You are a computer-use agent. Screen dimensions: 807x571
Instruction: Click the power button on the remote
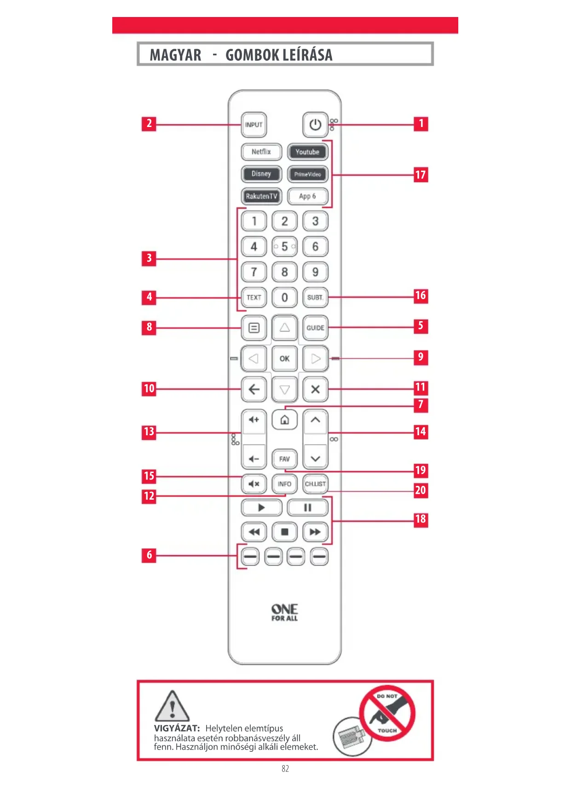tap(315, 124)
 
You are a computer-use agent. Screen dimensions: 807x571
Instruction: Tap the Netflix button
tap(261, 152)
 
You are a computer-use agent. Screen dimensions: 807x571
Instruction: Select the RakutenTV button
tap(261, 196)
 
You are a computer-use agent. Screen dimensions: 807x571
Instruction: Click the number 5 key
tap(284, 247)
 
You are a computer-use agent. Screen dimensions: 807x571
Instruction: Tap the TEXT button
tap(254, 297)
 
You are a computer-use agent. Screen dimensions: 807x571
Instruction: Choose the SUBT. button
tap(315, 297)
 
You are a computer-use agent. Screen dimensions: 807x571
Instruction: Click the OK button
tap(284, 358)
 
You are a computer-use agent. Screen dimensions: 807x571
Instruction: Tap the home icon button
tap(284, 420)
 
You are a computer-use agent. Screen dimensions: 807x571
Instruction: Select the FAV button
tap(284, 459)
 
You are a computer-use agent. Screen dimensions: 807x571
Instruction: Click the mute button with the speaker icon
tap(254, 484)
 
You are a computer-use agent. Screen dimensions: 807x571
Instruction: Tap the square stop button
tap(284, 532)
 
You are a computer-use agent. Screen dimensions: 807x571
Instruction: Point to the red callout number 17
tap(421, 175)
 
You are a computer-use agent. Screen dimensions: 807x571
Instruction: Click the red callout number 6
tap(149, 555)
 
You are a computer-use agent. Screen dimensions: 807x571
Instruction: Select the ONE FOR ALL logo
tap(284, 612)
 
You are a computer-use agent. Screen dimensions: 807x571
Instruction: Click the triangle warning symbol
tap(172, 707)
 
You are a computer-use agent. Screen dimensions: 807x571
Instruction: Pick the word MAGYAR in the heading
tap(175, 55)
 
